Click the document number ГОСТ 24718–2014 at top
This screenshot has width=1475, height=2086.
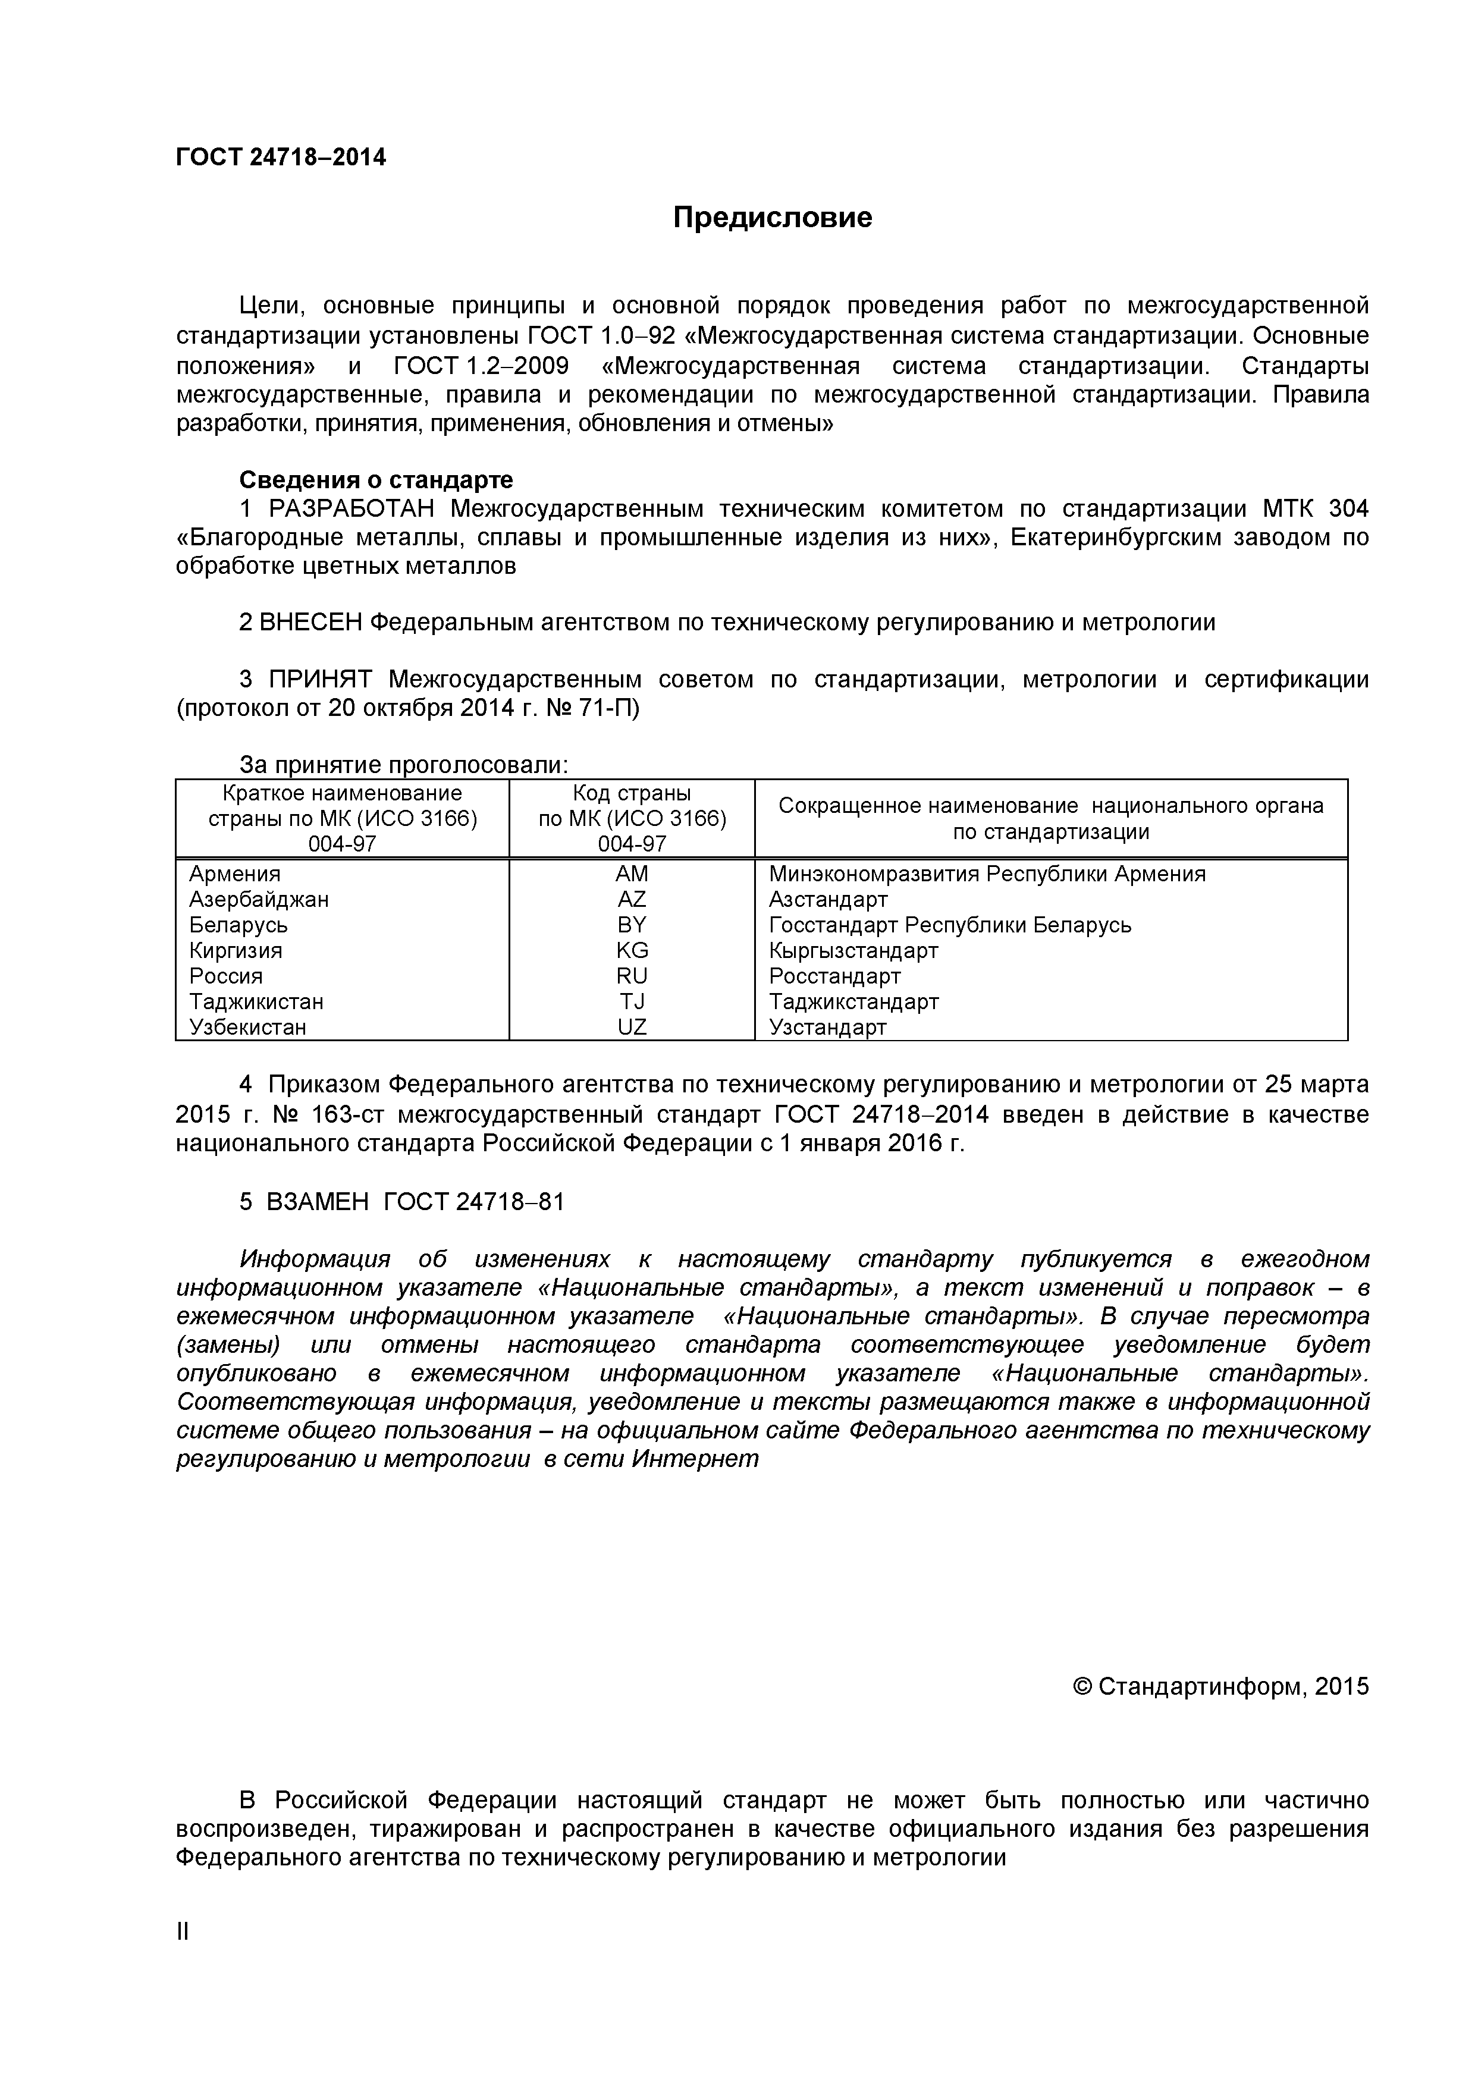(x=281, y=158)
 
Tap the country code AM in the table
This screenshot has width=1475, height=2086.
(x=632, y=874)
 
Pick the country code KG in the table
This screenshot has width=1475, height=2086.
(x=632, y=950)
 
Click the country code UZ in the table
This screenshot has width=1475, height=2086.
(x=632, y=1028)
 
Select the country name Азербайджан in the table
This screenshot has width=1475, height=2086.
(x=259, y=900)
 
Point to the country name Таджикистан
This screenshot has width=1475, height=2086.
(x=256, y=1001)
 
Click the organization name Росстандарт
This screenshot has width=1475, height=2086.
(x=834, y=976)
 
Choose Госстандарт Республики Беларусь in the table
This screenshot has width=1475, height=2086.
(x=950, y=925)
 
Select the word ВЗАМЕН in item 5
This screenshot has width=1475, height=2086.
(x=317, y=1202)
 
